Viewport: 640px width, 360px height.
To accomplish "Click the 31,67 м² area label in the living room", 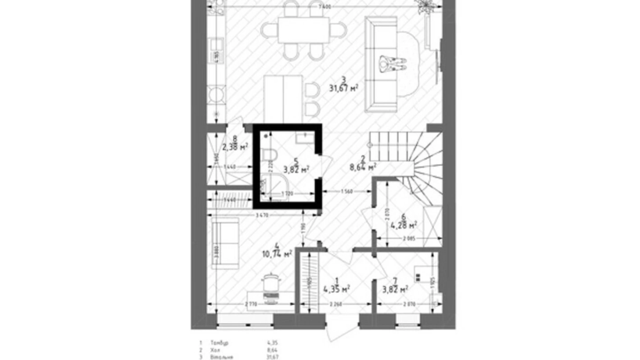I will pos(343,89).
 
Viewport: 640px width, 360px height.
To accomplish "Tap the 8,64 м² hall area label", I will pos(363,168).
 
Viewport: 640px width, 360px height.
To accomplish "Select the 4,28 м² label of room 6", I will pos(403,226).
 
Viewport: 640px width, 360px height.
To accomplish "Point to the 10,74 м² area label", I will pos(276,254).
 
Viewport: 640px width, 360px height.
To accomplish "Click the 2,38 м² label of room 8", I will pos(235,147).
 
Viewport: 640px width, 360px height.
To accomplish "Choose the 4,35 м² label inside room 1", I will pos(336,289).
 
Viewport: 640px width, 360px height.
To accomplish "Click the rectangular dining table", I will pos(303,30).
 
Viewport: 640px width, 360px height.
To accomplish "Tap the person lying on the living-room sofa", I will pos(392,64).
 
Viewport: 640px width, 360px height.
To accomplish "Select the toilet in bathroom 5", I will pos(268,155).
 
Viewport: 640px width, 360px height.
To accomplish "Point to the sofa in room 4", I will pos(225,243).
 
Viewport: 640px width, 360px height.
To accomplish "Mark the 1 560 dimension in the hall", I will pos(347,191).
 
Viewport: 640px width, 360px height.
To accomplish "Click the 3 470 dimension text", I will pos(262,215).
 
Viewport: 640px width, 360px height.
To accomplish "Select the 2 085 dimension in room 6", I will pos(409,238).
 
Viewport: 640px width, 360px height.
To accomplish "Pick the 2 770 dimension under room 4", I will pos(251,304).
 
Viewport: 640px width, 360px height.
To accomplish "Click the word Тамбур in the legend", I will pos(219,343).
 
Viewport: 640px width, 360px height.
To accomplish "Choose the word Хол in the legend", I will pos(215,350).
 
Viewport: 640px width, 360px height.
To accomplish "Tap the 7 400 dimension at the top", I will pos(325,7).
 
